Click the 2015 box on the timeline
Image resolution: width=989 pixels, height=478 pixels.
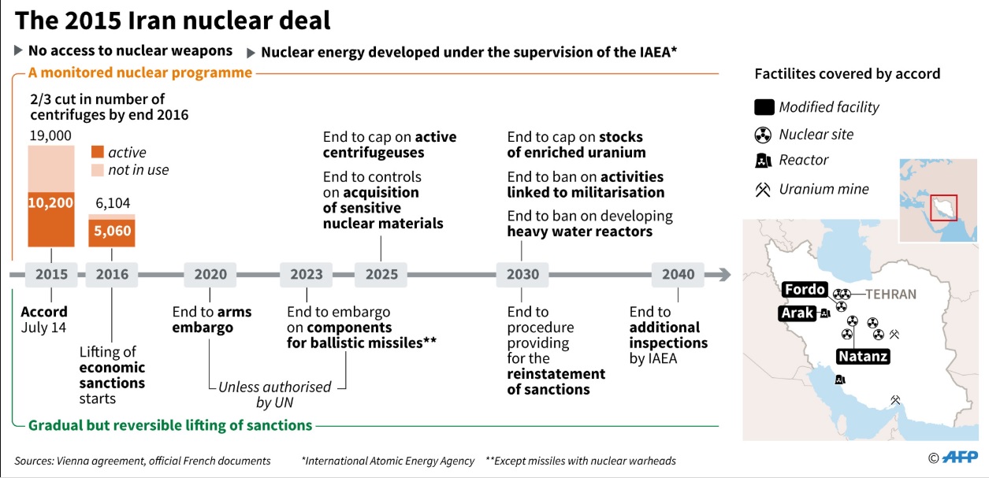click(51, 275)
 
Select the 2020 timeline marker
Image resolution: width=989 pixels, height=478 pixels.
click(210, 275)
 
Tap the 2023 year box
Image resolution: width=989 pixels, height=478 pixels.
click(306, 275)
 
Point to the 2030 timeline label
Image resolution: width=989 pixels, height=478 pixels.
click(522, 275)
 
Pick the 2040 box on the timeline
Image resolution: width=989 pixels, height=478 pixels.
click(678, 275)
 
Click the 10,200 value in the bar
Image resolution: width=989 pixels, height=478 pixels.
click(50, 202)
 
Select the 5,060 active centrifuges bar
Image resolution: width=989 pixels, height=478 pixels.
click(112, 232)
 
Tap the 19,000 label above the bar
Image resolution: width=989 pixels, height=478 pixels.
click(50, 135)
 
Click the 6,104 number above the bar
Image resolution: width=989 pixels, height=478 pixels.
click(113, 203)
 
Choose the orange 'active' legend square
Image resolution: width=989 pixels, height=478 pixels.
click(98, 152)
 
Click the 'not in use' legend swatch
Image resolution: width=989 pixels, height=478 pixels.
click(98, 170)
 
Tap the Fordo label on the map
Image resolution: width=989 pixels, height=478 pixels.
click(805, 290)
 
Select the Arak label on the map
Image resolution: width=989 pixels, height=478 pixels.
click(797, 313)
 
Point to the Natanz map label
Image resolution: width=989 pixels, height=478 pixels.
click(863, 356)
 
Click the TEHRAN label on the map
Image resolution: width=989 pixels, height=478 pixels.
click(891, 295)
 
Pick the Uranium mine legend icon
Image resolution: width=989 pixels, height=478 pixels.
click(763, 190)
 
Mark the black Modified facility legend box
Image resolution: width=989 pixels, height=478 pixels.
click(764, 107)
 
